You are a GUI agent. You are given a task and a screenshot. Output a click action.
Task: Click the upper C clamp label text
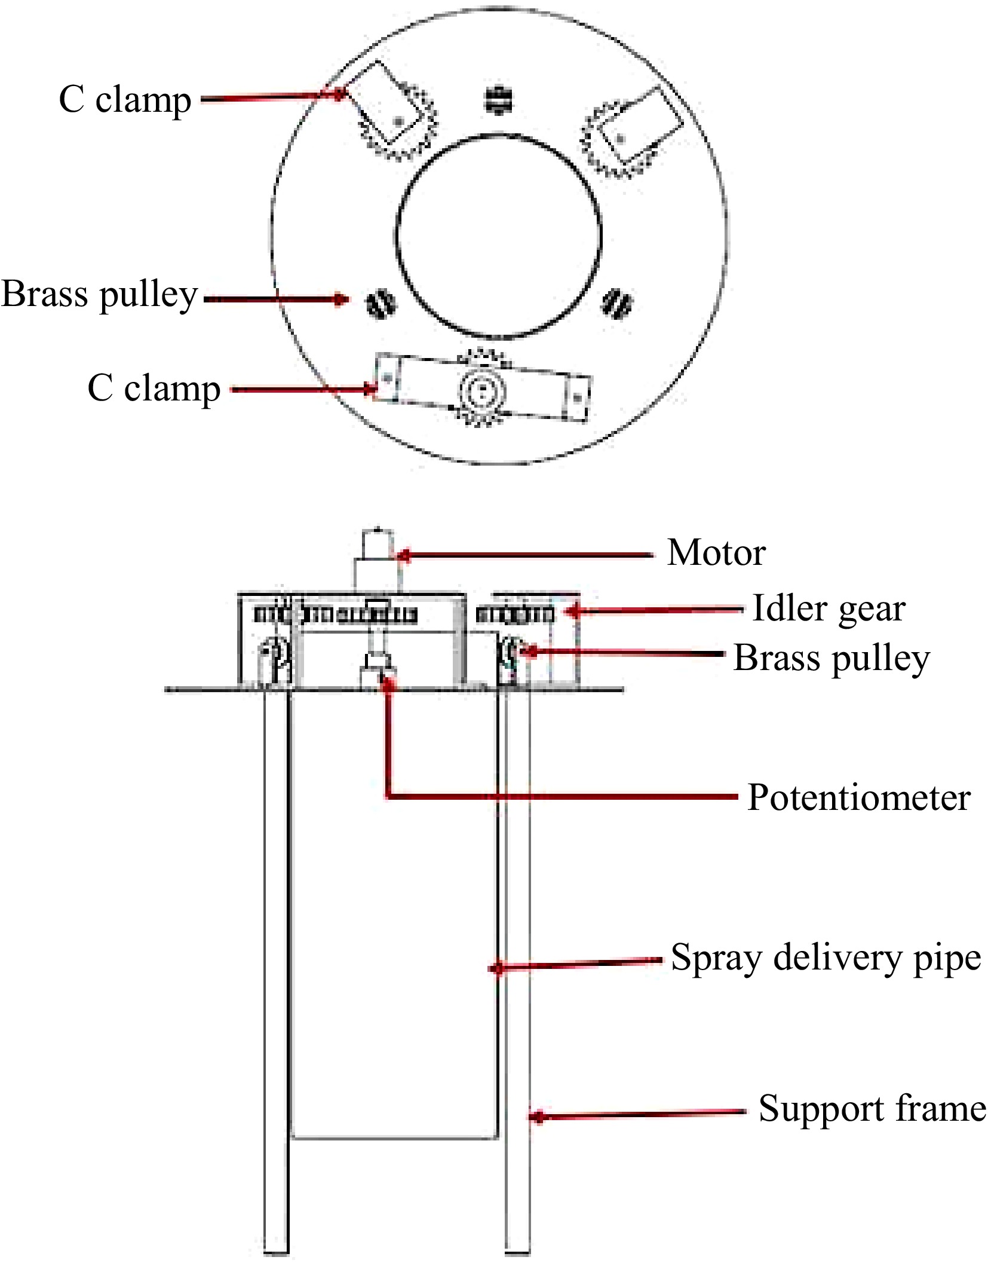tap(125, 100)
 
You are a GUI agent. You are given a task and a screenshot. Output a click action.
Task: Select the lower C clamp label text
tap(154, 389)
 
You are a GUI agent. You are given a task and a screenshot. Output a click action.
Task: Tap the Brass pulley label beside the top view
tap(99, 295)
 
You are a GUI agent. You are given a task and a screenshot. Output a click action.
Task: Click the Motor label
tap(716, 552)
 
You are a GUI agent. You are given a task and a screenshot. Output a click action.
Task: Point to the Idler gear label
tap(828, 608)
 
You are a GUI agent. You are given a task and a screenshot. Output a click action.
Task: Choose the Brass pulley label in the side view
tap(831, 659)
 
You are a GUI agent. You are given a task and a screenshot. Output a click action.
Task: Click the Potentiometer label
tap(858, 798)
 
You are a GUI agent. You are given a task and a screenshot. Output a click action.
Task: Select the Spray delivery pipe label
tap(826, 958)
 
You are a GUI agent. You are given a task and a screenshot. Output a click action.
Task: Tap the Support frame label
tap(872, 1109)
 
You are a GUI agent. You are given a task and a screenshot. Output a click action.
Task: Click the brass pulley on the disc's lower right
tap(616, 304)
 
